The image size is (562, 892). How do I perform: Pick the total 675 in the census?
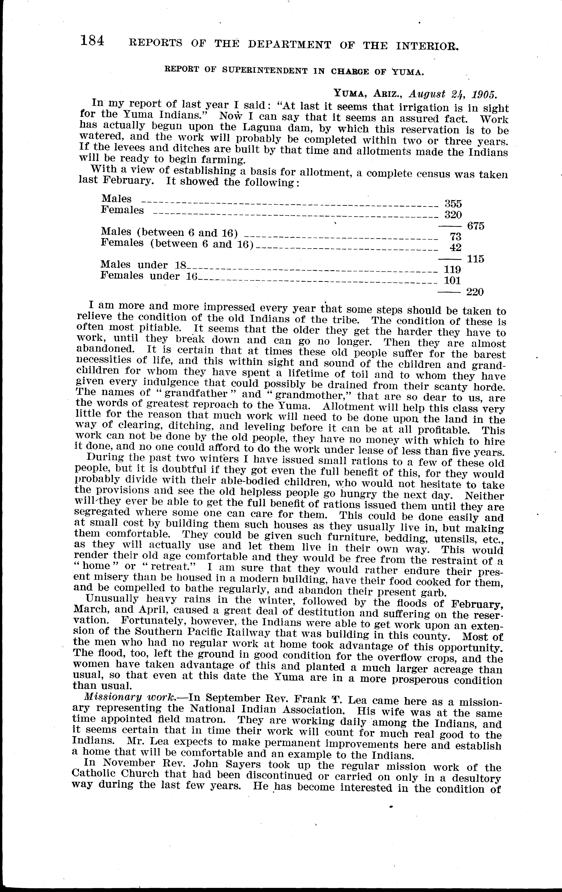(476, 226)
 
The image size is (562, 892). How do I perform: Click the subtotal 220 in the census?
(475, 292)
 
